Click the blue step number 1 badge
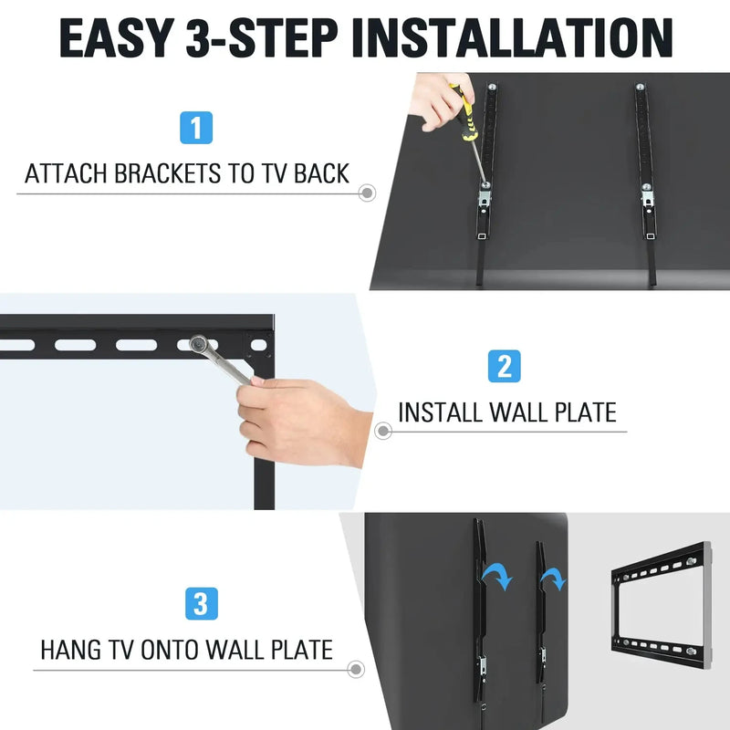(x=197, y=127)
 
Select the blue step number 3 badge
(x=200, y=604)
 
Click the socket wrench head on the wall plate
(x=198, y=345)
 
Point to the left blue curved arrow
(x=497, y=575)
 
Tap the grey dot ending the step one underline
(x=367, y=193)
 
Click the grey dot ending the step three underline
(x=354, y=671)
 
